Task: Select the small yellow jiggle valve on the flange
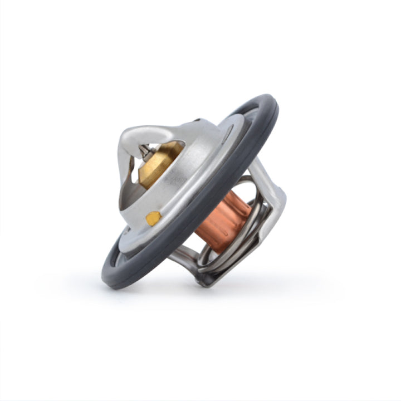tap(154, 218)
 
